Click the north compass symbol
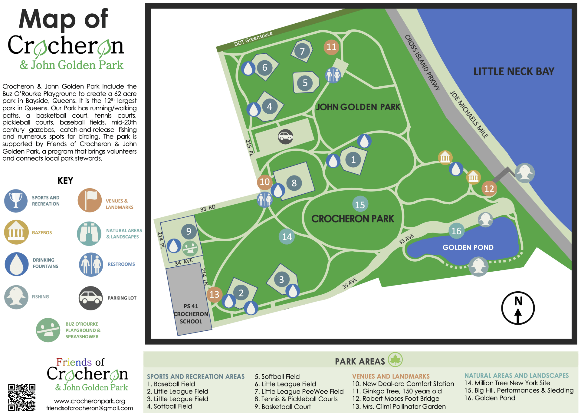(518, 308)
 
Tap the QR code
(22, 397)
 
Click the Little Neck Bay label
(514, 72)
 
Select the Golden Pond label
(468, 247)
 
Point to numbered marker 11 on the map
(331, 47)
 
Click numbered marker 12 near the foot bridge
(489, 189)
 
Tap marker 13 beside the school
(214, 294)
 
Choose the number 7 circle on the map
(302, 52)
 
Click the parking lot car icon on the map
(285, 137)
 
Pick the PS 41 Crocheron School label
(191, 314)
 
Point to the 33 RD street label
(208, 208)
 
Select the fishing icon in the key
(16, 297)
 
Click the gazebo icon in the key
(16, 232)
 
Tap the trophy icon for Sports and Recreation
(16, 201)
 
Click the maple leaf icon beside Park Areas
(395, 360)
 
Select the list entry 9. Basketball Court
(283, 407)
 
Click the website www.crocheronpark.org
(90, 401)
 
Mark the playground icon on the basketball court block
(190, 248)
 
